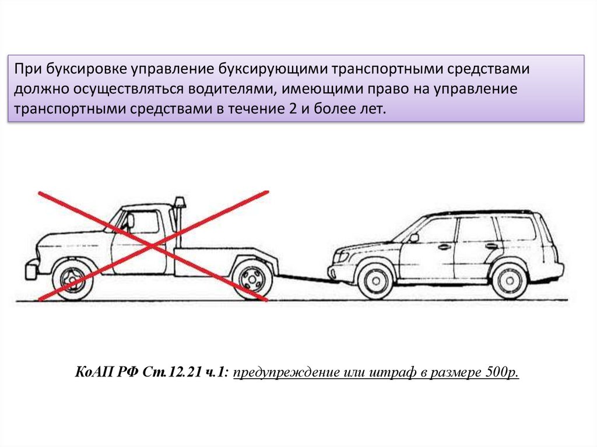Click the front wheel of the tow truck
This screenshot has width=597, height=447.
point(73,279)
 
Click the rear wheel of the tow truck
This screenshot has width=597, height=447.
point(252,278)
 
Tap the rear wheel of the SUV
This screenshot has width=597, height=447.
point(510,279)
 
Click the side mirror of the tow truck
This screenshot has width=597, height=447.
point(130,221)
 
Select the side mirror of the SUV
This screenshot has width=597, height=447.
point(414,238)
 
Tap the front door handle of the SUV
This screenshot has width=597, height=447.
point(445,247)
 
